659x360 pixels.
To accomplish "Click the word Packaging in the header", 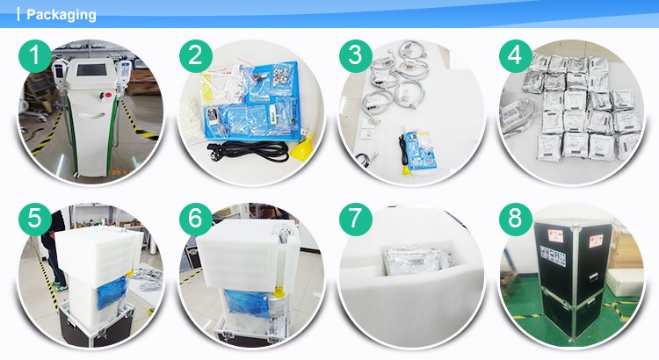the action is [x=61, y=15].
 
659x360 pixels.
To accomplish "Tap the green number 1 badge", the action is [x=35, y=56].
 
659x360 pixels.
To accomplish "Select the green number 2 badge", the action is [x=196, y=56].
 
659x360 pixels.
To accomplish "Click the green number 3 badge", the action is [x=356, y=56].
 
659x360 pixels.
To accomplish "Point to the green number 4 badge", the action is [x=516, y=56].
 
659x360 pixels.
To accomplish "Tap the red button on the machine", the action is [x=108, y=94].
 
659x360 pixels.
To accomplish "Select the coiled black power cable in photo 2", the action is [x=248, y=151].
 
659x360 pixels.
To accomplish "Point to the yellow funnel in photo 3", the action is [x=406, y=169].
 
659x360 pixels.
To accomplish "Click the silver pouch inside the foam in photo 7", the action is [x=419, y=260].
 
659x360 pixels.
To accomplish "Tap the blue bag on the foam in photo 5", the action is [x=112, y=292].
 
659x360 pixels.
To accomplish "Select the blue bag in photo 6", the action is [x=247, y=302].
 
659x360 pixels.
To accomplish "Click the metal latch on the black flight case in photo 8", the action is [x=593, y=277].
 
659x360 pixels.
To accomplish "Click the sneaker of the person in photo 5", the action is [x=60, y=288].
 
